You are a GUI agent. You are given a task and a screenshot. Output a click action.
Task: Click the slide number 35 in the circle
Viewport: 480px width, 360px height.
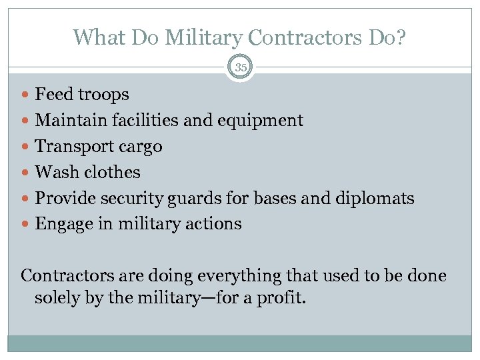240,67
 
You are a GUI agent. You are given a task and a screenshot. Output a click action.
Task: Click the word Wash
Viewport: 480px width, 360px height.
54,172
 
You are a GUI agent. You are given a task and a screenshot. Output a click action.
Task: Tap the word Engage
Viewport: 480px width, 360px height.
61,224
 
